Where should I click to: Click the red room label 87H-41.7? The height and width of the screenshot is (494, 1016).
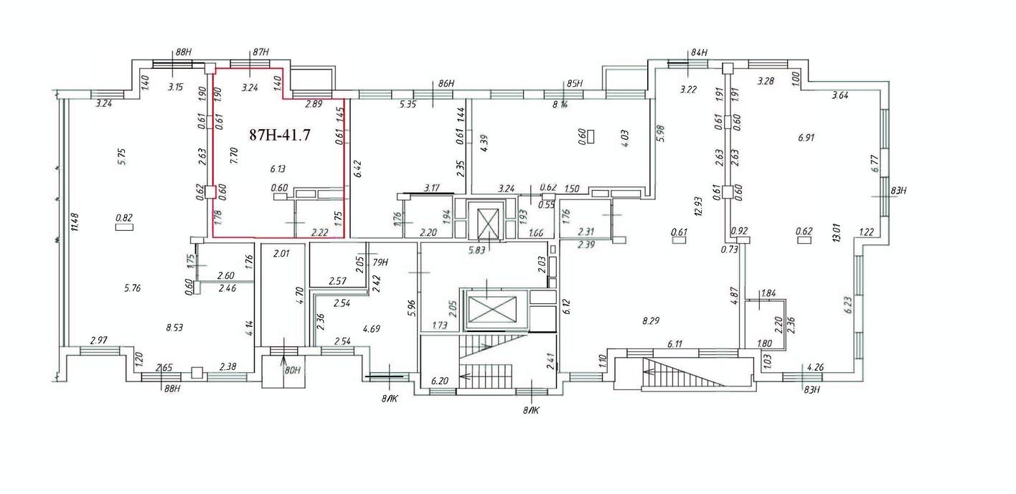coord(279,135)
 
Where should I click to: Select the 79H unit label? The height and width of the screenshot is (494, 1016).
coord(380,262)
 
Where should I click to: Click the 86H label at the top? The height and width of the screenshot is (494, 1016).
coord(446,84)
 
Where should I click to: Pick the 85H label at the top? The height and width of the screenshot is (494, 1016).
coord(574,84)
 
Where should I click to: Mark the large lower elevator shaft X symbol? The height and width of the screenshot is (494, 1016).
coord(491,310)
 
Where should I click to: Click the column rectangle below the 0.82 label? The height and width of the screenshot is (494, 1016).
coord(125,228)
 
